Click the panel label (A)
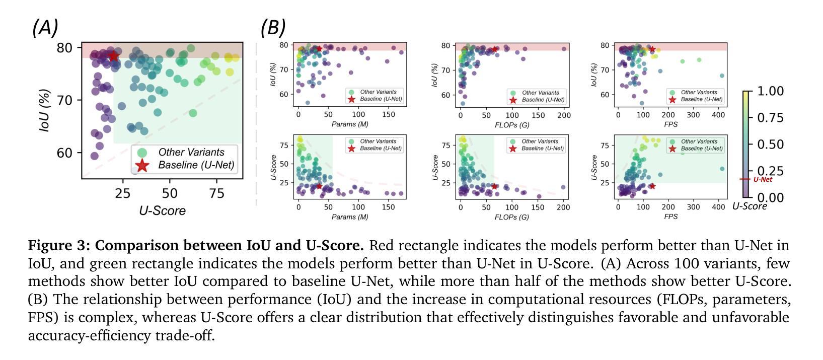[x=45, y=28]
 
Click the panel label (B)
[x=273, y=28]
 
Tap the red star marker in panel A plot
[x=114, y=56]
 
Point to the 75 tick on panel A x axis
[x=216, y=193]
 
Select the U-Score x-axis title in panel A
[x=162, y=210]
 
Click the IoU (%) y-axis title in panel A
[x=45, y=110]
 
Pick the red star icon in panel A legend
[x=142, y=165]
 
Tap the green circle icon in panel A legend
[x=142, y=152]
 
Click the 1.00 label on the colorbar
[x=770, y=91]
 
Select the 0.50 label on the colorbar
[x=770, y=145]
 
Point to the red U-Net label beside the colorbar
[x=763, y=179]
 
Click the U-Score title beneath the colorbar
[x=750, y=206]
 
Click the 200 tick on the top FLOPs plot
[x=564, y=115]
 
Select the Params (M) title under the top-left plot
[x=350, y=124]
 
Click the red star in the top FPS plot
[x=652, y=49]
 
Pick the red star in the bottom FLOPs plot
[x=494, y=186]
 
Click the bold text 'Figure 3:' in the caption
[x=59, y=246]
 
